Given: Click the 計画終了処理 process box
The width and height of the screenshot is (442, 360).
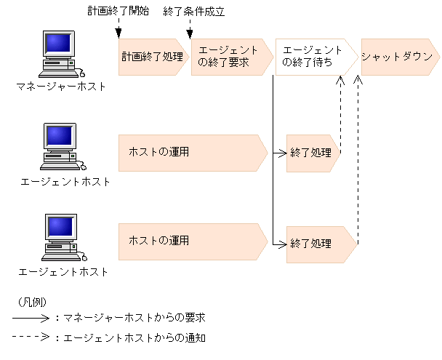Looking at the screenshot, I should click(153, 57).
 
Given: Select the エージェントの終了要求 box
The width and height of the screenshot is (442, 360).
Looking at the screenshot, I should click(227, 57).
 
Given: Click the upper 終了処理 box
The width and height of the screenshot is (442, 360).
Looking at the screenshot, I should click(311, 153).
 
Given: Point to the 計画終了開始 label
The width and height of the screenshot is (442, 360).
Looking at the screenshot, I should click(118, 11).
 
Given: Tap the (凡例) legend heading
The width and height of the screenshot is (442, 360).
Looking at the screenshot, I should click(28, 301).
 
